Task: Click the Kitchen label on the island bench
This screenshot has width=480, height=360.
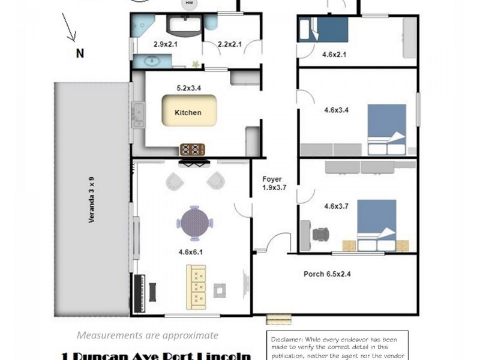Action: [188, 112]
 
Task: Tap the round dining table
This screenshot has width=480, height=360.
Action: [194, 222]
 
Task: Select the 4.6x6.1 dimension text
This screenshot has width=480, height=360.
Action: [191, 252]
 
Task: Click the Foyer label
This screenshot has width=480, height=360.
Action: [272, 179]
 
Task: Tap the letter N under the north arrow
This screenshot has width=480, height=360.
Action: [79, 53]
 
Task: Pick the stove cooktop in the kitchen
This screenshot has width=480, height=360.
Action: [192, 149]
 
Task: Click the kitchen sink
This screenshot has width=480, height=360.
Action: [139, 115]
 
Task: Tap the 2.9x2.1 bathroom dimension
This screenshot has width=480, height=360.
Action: [166, 44]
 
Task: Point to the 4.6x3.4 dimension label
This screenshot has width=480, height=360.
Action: [336, 110]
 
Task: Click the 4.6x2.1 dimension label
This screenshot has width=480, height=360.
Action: [335, 55]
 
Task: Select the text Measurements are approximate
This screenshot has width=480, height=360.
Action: [147, 335]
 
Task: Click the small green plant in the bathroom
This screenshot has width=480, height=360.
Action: [196, 62]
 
